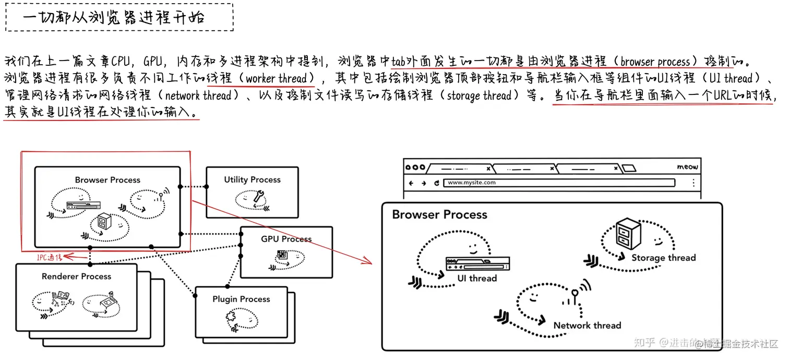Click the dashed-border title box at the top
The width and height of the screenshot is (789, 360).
(x=118, y=17)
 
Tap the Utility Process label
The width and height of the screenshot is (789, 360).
(x=252, y=179)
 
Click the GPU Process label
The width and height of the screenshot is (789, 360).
(x=286, y=239)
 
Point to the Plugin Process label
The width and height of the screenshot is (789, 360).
(x=241, y=299)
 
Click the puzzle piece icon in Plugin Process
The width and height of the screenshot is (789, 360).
(x=231, y=318)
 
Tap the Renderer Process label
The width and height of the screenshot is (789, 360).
(x=76, y=276)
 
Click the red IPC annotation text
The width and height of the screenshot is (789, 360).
(x=49, y=257)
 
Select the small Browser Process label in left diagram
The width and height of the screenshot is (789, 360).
(x=107, y=180)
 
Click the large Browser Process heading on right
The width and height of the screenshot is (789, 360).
(x=439, y=214)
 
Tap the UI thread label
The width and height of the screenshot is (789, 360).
(x=477, y=278)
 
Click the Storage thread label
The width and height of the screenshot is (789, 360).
(x=663, y=257)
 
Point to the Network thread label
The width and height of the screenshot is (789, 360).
(x=587, y=325)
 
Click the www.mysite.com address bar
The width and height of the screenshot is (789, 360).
(x=558, y=183)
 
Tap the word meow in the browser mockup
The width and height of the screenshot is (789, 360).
(x=687, y=167)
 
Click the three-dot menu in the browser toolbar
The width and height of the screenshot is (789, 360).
(x=693, y=183)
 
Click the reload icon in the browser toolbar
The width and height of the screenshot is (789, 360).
(x=436, y=183)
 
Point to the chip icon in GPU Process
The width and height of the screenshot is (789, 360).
(x=282, y=255)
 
